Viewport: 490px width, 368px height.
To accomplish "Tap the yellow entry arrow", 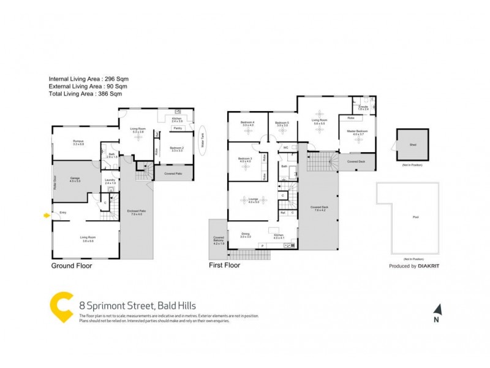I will [x=47, y=215].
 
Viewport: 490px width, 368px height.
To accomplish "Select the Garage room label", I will [x=75, y=180].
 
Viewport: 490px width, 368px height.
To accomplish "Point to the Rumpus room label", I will [x=78, y=142].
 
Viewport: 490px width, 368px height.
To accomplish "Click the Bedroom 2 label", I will [x=177, y=148].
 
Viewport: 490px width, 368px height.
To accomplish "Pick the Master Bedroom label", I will [x=358, y=132].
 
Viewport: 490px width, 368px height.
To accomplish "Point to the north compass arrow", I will [x=437, y=310].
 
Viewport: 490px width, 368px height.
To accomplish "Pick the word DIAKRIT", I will [x=431, y=266].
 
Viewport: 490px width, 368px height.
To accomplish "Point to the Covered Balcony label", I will [x=219, y=239].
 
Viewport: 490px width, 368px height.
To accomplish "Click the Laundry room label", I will [x=110, y=181].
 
